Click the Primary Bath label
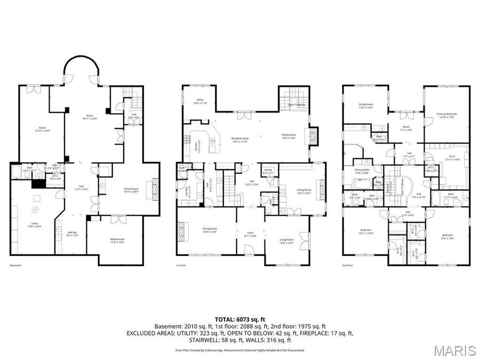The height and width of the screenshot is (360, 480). [x=362, y=171]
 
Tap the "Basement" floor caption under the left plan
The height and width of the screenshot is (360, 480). [x=15, y=265]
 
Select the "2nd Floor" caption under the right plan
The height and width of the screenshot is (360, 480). [x=348, y=265]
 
